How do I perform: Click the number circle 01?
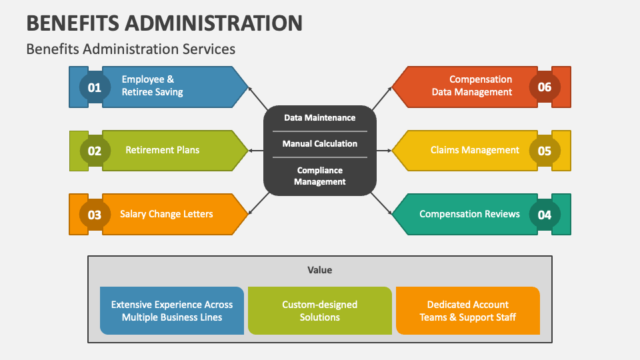[x=95, y=87]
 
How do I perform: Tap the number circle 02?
[x=95, y=151]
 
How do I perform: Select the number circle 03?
[x=95, y=215]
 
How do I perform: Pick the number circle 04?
[x=545, y=215]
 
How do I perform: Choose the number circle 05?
[x=545, y=151]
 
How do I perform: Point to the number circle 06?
[x=545, y=87]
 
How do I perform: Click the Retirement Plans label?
[x=162, y=150]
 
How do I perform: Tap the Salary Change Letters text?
[x=167, y=214]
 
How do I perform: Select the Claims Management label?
[x=475, y=150]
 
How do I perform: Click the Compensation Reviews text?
[x=469, y=214]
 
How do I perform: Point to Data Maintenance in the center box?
[x=320, y=117]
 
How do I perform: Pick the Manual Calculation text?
[x=320, y=143]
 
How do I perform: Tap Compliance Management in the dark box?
[x=320, y=176]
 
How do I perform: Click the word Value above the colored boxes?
[x=320, y=270]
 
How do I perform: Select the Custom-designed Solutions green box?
[x=320, y=311]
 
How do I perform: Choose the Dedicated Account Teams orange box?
[x=468, y=311]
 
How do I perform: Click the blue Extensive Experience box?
[x=172, y=311]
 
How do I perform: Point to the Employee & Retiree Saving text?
[x=152, y=85]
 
